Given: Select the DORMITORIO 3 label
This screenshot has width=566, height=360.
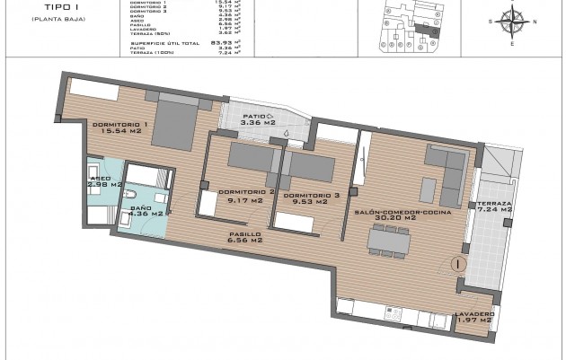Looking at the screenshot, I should pyautogui.click(x=310, y=195).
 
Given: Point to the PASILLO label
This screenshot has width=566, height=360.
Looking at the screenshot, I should pyautogui.click(x=244, y=234).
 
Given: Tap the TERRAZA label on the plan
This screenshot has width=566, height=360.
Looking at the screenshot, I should pyautogui.click(x=493, y=204).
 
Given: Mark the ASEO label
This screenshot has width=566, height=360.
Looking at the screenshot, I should pyautogui.click(x=100, y=180).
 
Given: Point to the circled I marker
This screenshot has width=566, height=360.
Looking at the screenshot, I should pyautogui.click(x=457, y=265).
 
